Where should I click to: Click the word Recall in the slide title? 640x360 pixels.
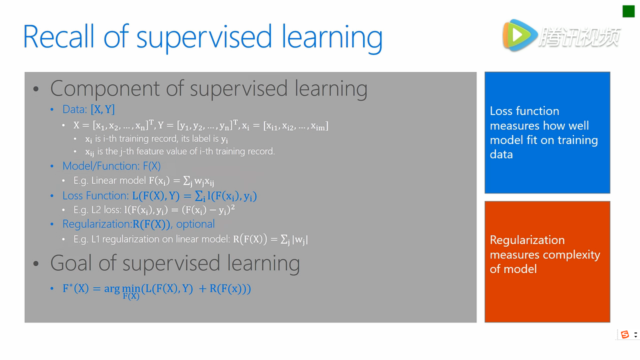click(59, 36)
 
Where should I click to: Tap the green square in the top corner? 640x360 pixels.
click(628, 11)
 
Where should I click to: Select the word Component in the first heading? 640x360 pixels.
click(105, 89)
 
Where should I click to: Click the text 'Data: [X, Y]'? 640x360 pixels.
click(89, 109)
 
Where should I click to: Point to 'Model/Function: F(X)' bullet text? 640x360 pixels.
click(112, 166)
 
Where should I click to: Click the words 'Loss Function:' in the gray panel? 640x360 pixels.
click(96, 196)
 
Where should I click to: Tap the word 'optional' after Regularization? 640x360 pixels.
click(195, 224)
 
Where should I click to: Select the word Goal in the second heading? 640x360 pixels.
click(71, 263)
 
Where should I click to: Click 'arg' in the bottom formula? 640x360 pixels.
click(112, 289)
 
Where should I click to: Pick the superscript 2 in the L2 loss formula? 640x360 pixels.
click(233, 207)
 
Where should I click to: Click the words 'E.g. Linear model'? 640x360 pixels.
click(110, 181)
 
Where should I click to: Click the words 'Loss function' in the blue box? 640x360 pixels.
click(524, 111)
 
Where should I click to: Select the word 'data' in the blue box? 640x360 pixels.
click(501, 154)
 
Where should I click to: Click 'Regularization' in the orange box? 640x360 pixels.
click(527, 240)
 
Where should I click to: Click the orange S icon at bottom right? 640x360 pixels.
click(625, 334)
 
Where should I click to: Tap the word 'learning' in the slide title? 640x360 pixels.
click(332, 37)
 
